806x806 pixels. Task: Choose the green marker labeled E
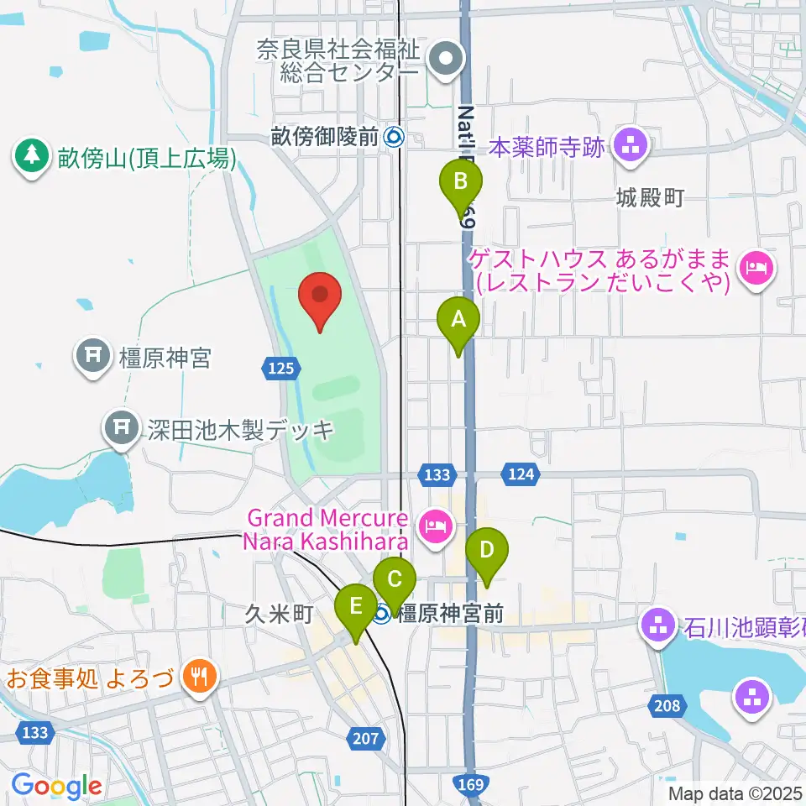356,607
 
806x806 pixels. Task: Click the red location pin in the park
320,298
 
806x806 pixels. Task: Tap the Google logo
57,787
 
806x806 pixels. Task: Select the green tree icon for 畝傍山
32,155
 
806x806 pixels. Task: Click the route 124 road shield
521,475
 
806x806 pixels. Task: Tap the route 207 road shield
367,739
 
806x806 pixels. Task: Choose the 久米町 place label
267,615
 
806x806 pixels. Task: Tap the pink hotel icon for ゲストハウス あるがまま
754,270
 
